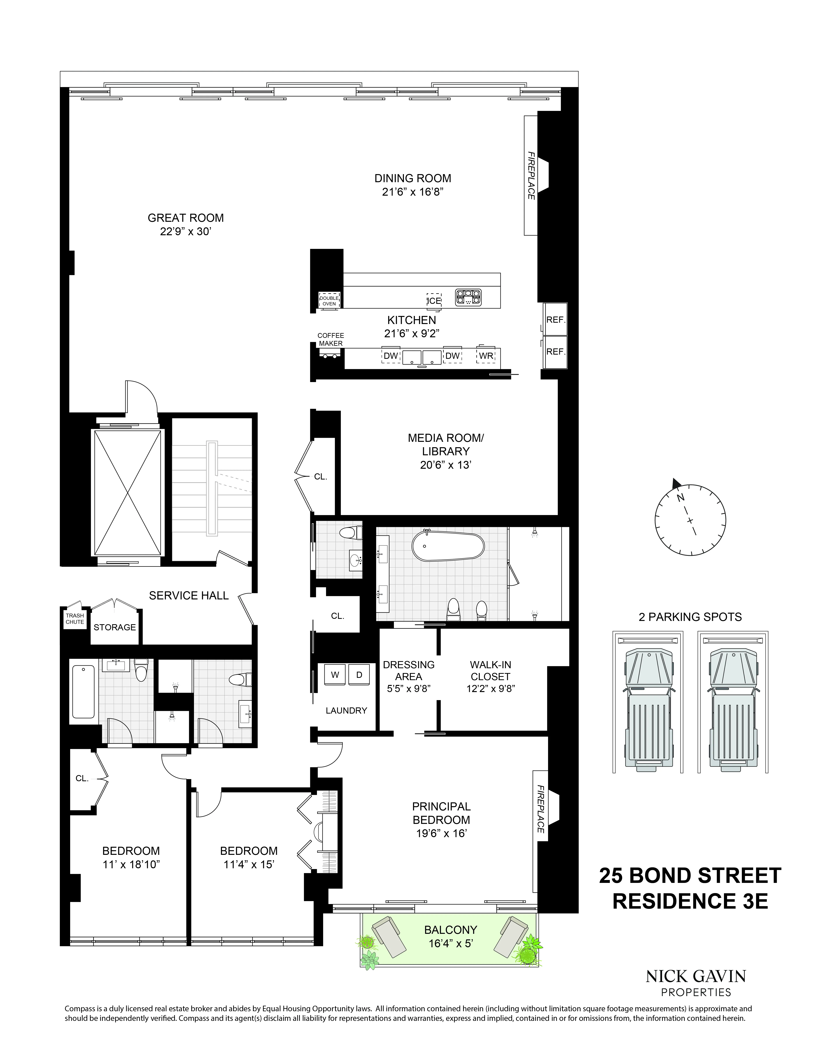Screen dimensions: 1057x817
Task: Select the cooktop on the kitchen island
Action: pos(468,297)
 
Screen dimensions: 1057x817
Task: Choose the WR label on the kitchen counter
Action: pos(486,356)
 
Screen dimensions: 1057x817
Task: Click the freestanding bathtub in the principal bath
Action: pos(447,546)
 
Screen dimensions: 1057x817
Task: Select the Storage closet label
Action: pos(115,627)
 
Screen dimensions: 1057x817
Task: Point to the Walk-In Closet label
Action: pos(490,671)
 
